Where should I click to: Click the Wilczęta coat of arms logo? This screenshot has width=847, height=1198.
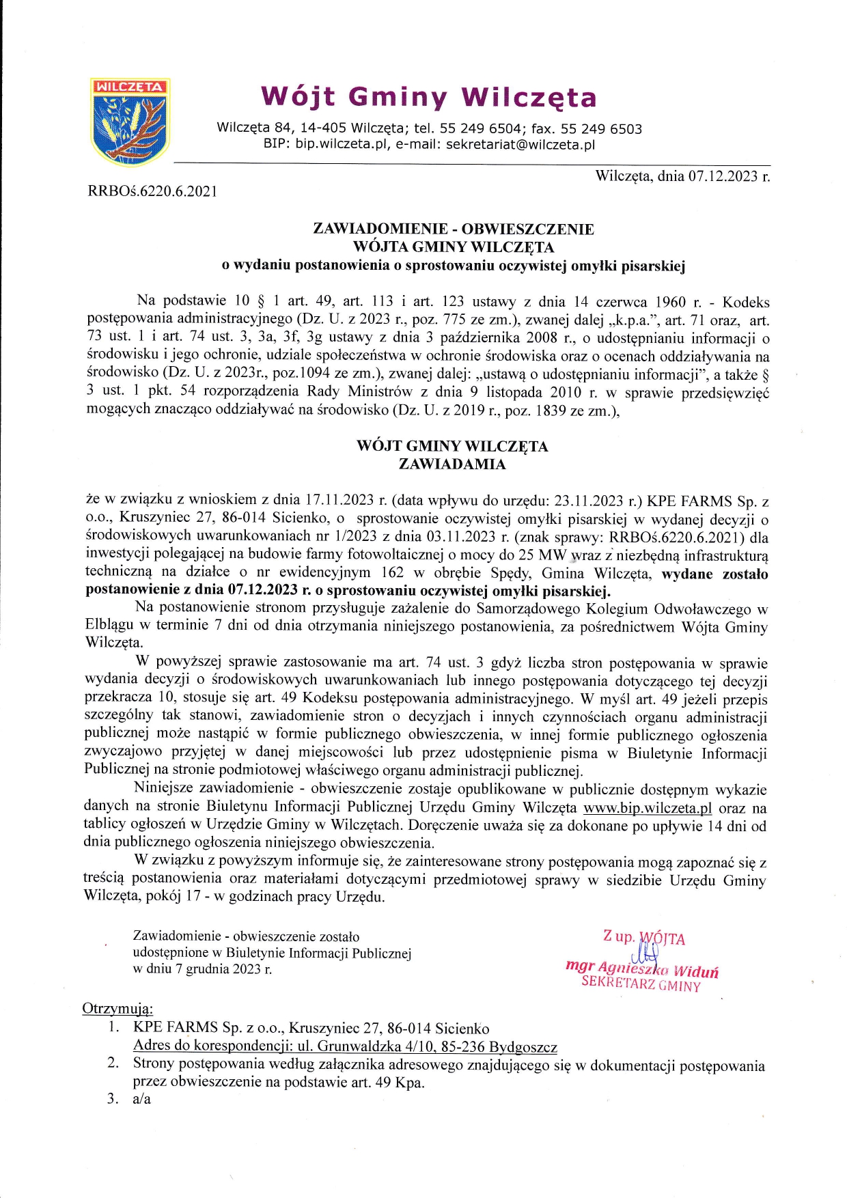pyautogui.click(x=130, y=122)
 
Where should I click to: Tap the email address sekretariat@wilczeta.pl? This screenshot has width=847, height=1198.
pyautogui.click(x=520, y=145)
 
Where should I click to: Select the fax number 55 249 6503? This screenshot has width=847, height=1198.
pyautogui.click(x=601, y=129)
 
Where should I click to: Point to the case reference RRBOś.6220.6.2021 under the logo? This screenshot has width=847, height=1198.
pyautogui.click(x=152, y=191)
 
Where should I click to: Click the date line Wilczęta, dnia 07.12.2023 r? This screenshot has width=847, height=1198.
pyautogui.click(x=682, y=176)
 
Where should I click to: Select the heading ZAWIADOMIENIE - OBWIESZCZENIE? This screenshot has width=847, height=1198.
pyautogui.click(x=453, y=229)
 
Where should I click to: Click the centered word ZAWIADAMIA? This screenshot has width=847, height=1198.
pyautogui.click(x=452, y=464)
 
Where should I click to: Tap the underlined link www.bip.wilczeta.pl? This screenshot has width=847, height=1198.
pyautogui.click(x=648, y=808)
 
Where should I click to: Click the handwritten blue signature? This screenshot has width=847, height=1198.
pyautogui.click(x=646, y=953)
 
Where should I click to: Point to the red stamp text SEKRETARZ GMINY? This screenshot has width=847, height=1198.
pyautogui.click(x=641, y=984)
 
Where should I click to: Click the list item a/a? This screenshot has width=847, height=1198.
pyautogui.click(x=142, y=1099)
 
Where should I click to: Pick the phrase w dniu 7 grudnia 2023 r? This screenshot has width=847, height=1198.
pyautogui.click(x=202, y=969)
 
